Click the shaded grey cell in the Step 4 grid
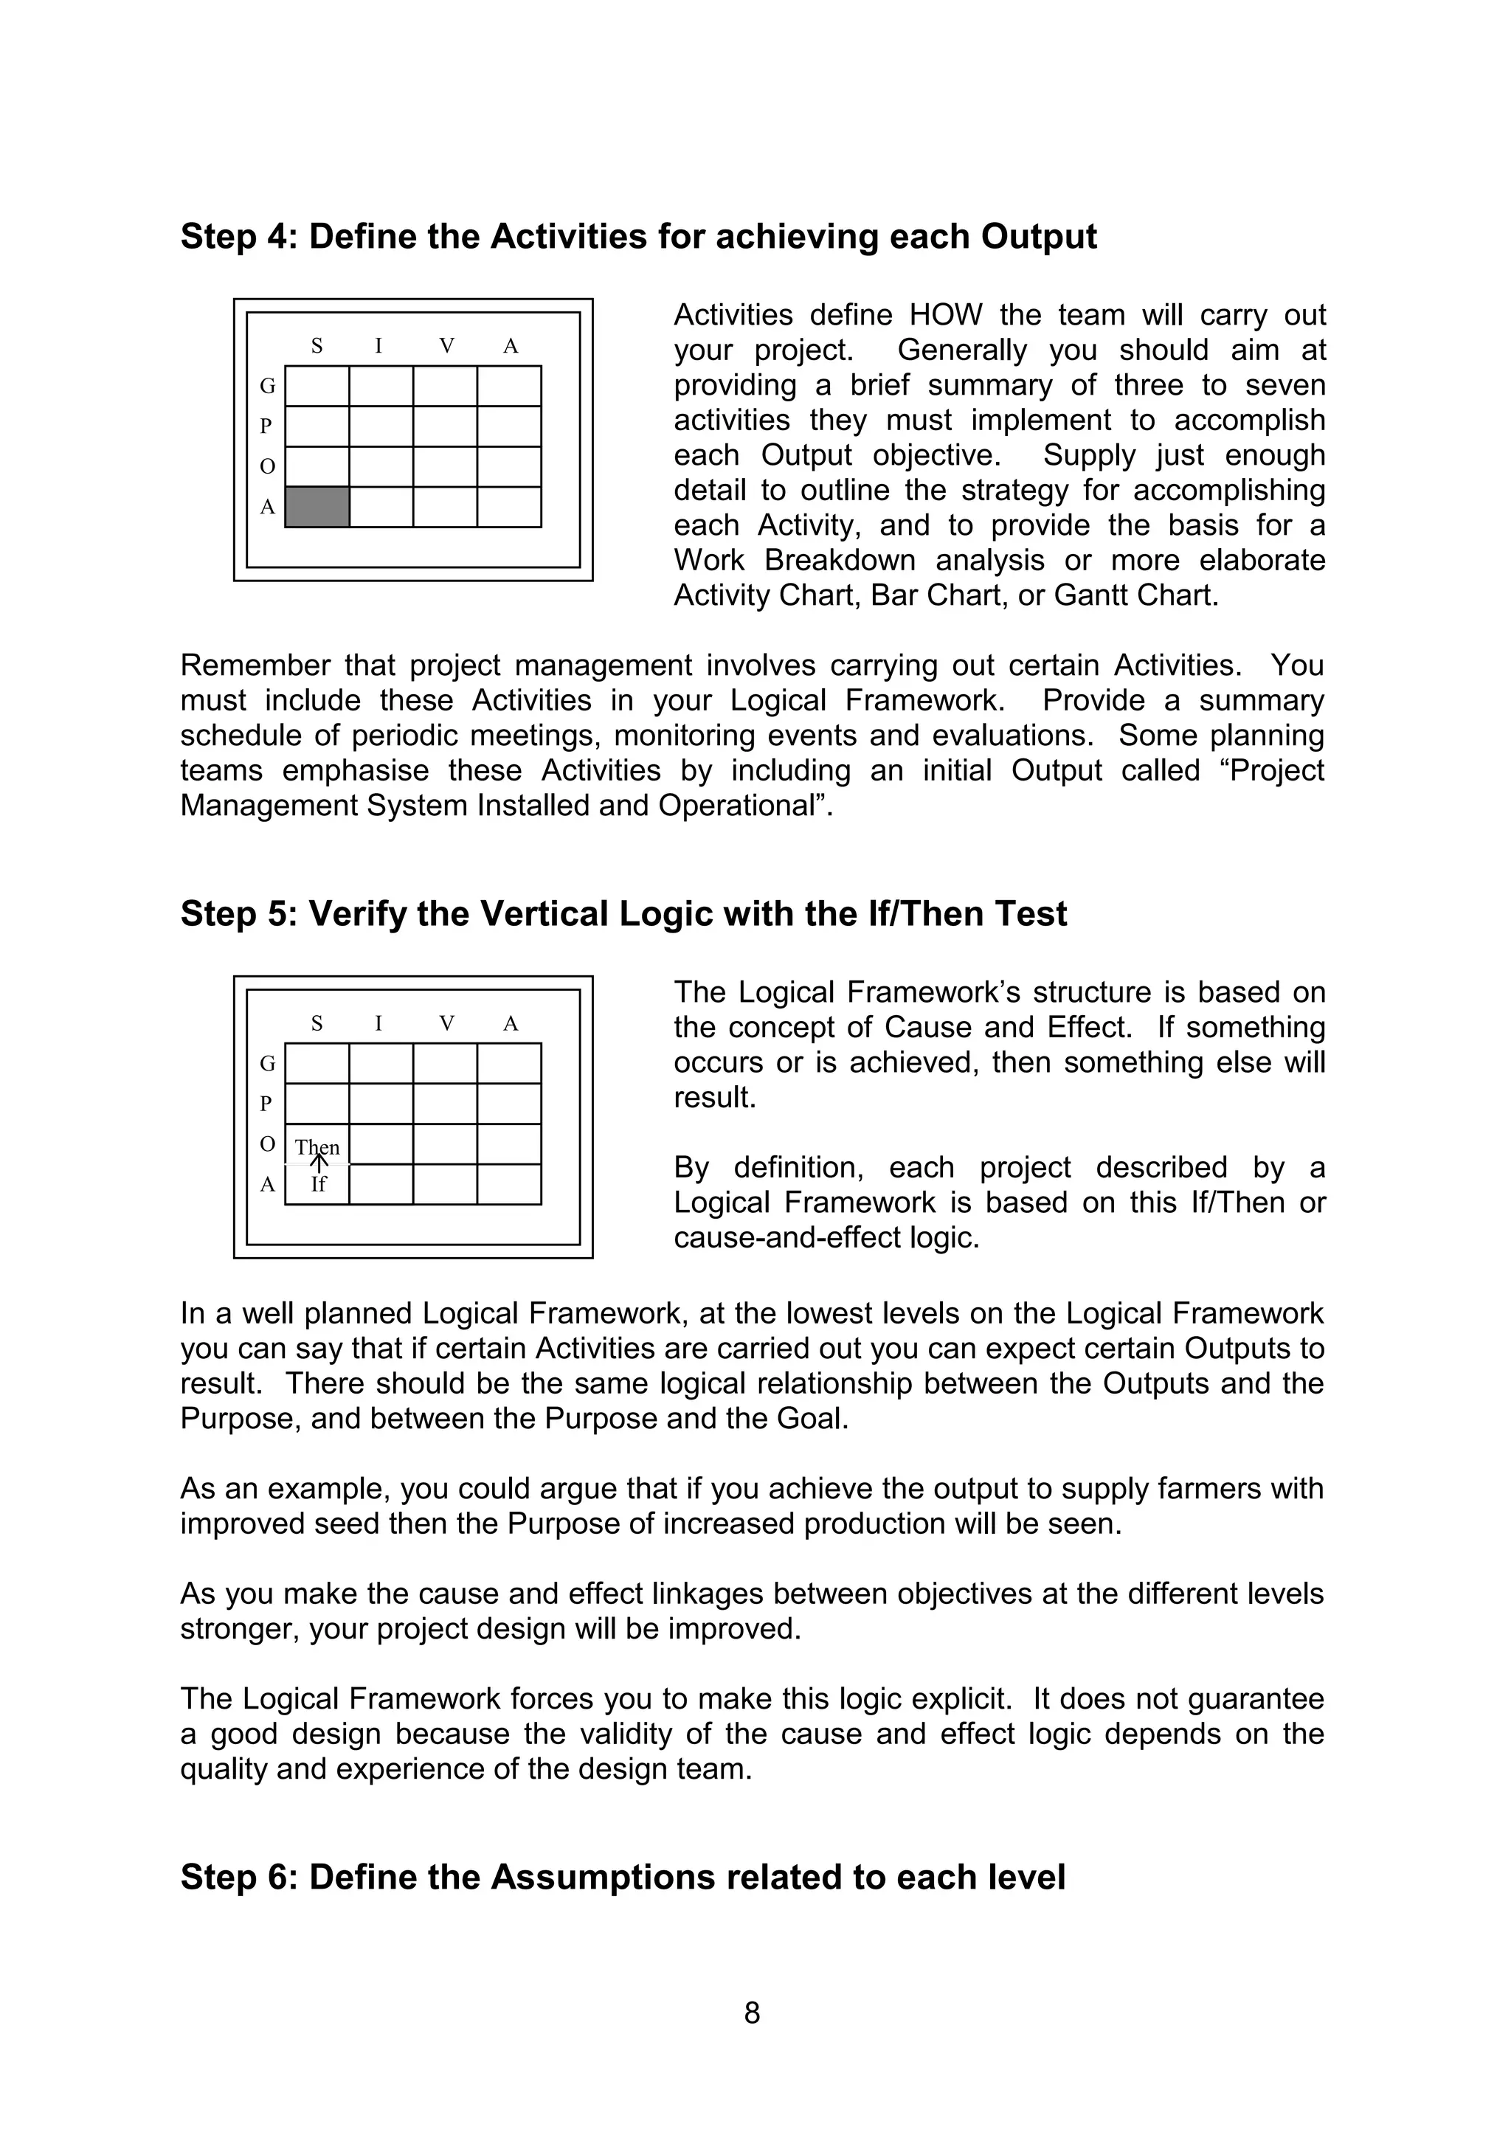[317, 507]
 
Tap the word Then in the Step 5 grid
[317, 1147]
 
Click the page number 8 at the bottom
[753, 2013]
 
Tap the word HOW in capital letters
[945, 315]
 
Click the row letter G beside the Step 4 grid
[267, 386]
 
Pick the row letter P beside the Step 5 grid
[266, 1104]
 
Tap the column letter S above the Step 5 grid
[317, 1023]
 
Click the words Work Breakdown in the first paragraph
[797, 560]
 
